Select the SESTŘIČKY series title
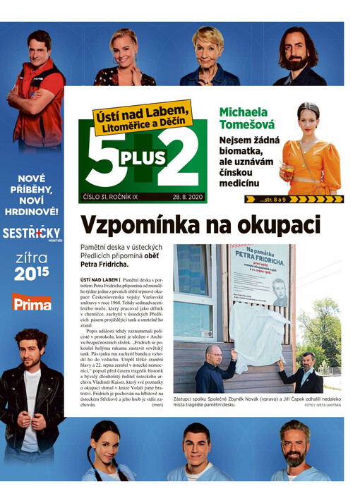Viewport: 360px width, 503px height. pos(31,234)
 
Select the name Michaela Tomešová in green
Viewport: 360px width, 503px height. pos(244,119)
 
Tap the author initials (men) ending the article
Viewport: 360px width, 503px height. pos(157,405)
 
